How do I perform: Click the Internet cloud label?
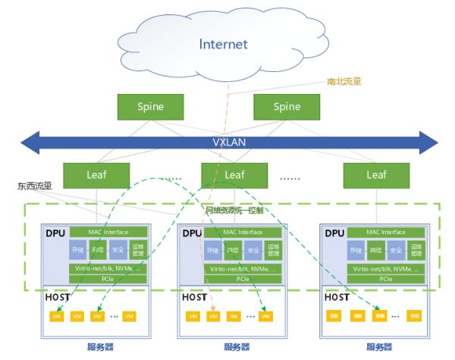(223, 44)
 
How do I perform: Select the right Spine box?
(286, 106)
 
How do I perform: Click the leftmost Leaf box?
(96, 175)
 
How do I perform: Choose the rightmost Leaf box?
(376, 175)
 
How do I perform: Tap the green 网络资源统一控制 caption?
(240, 210)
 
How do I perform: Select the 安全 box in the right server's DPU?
(396, 249)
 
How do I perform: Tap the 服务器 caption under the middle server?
(238, 347)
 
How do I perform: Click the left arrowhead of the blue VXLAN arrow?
(29, 142)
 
